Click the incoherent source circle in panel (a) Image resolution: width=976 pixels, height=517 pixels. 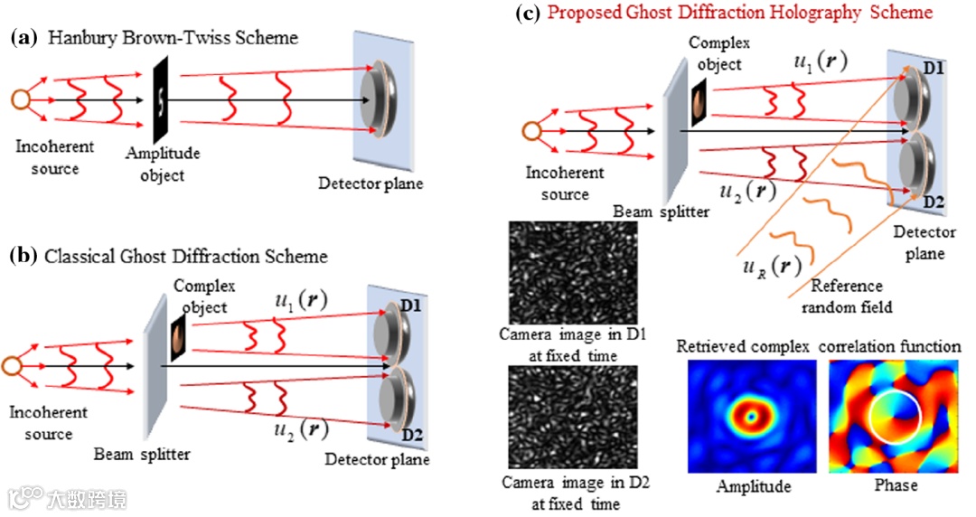click(18, 100)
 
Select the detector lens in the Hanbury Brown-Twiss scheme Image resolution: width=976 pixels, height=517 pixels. click(377, 100)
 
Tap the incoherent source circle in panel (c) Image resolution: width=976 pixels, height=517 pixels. click(532, 133)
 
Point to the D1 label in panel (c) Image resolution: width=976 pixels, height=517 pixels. click(931, 67)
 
